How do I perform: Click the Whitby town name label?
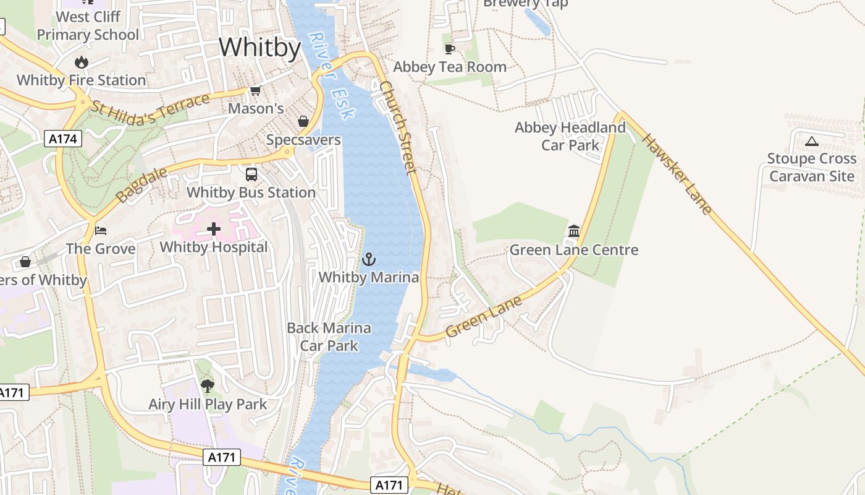point(259,48)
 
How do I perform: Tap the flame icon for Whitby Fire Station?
point(81,62)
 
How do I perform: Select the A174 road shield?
point(64,139)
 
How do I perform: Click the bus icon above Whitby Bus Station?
point(251,174)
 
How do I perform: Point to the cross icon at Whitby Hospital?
point(214,230)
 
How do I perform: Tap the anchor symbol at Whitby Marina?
point(369,259)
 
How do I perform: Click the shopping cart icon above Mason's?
point(255,91)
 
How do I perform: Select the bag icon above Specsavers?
point(303,121)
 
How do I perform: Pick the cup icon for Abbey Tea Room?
point(449,49)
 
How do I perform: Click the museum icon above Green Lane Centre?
point(574,231)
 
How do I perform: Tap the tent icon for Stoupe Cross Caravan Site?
point(812,141)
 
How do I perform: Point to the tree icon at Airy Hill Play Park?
point(208,386)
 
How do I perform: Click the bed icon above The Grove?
point(101,231)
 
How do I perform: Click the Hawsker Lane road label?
point(677,174)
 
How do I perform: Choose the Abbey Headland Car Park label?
point(570,136)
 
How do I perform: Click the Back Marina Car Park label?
point(329,337)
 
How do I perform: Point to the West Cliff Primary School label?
point(88,25)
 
